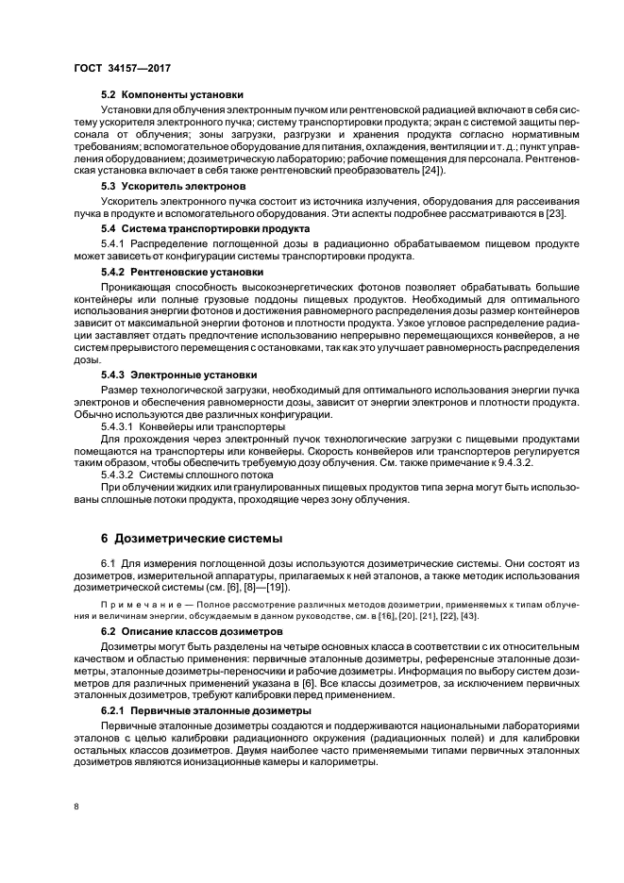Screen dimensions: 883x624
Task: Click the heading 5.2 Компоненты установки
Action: [172, 94]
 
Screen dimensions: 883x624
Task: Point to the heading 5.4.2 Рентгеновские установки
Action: [177, 272]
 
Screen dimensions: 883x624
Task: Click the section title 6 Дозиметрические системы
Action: [191, 539]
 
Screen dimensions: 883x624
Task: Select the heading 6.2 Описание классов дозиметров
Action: [192, 629]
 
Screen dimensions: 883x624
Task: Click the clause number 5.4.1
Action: [114, 245]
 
